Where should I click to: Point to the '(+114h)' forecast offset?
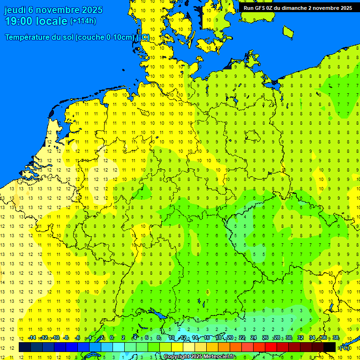(83, 21)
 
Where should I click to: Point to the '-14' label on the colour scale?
(32, 337)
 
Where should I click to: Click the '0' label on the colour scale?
(112, 337)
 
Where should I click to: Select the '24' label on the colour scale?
(253, 337)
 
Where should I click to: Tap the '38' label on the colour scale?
(336, 337)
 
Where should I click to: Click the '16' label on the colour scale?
(206, 337)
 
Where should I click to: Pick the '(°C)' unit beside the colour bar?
(344, 347)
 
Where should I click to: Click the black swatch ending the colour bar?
(330, 347)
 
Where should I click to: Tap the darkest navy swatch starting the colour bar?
(24, 347)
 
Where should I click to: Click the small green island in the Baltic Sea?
(288, 31)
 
